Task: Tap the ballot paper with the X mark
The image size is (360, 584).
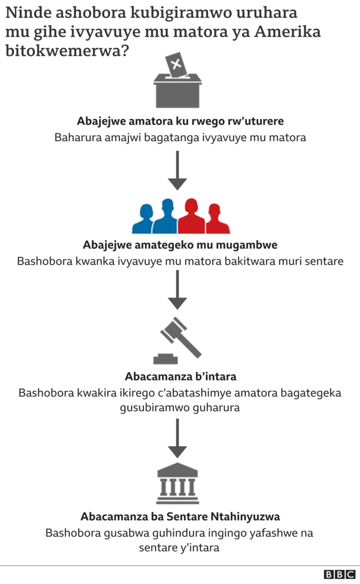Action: tap(177, 65)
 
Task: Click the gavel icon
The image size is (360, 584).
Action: tap(178, 340)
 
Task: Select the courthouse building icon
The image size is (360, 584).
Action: tap(178, 483)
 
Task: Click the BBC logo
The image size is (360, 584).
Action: tap(339, 574)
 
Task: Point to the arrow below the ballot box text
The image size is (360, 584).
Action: tap(177, 170)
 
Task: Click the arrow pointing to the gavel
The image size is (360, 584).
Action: tap(177, 290)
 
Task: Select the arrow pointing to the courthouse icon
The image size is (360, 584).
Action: tap(177, 438)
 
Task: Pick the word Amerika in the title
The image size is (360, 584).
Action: tap(287, 32)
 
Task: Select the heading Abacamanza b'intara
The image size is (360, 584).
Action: tap(181, 376)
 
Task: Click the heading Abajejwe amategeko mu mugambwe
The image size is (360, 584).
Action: tap(180, 245)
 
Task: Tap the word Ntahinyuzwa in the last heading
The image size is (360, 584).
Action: tap(245, 516)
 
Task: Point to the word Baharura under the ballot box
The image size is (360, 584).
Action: tap(78, 137)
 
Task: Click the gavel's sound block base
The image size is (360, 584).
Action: tap(166, 358)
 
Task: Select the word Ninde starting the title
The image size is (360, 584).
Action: tap(29, 13)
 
